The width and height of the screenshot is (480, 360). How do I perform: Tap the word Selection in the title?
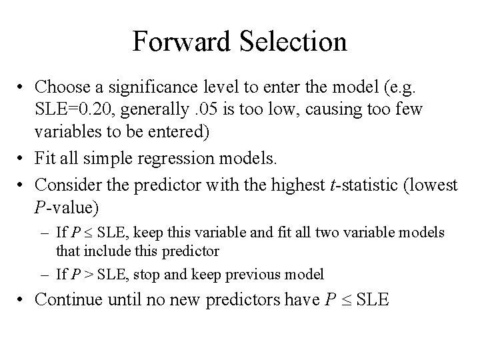click(x=295, y=41)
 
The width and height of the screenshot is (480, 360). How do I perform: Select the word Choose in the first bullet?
click(x=62, y=87)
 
